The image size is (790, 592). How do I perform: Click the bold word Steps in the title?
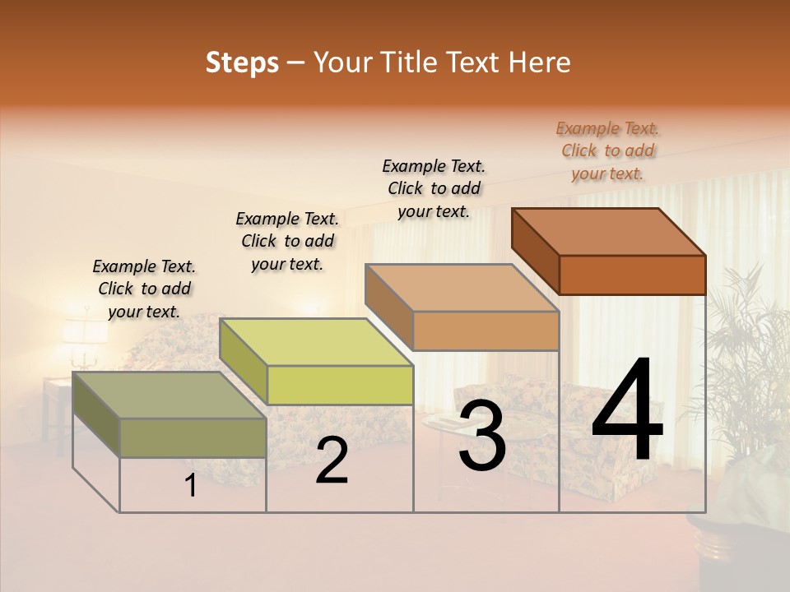(242, 62)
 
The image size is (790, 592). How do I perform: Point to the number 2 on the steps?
(332, 460)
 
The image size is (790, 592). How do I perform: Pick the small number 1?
(191, 485)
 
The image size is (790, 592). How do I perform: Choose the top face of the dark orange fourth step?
(609, 231)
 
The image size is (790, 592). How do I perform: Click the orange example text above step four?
(607, 150)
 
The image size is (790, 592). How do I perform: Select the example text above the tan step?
(434, 188)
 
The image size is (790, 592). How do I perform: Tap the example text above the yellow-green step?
(287, 241)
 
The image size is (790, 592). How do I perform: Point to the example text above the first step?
(144, 289)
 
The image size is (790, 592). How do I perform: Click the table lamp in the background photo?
(85, 333)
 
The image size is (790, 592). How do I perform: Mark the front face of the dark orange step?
(632, 275)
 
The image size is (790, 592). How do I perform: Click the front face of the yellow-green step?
(340, 385)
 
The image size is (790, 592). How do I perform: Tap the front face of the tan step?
(486, 331)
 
